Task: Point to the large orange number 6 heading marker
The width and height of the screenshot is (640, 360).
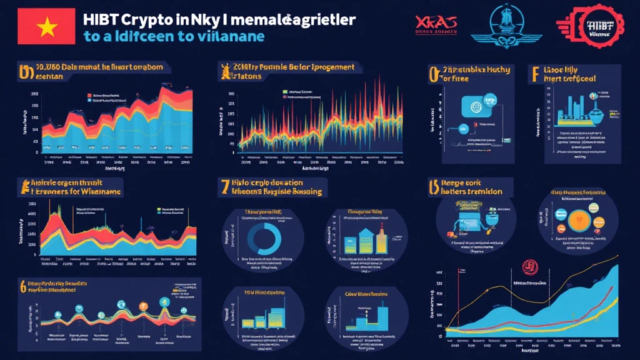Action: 22,287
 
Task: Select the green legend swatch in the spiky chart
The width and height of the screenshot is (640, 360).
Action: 284,91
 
